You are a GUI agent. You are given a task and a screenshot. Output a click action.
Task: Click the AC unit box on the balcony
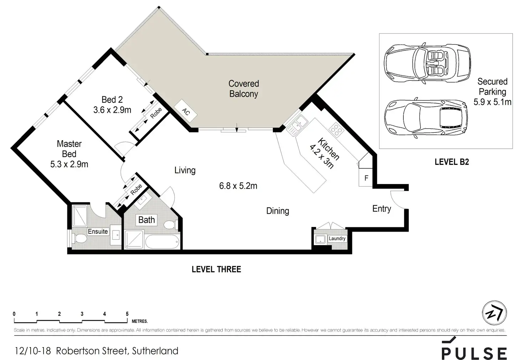(185, 111)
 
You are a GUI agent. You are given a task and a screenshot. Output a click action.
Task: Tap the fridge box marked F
(366, 178)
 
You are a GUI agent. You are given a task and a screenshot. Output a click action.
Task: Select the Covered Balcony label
(244, 88)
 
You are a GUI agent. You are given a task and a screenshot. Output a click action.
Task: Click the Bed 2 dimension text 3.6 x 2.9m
(112, 110)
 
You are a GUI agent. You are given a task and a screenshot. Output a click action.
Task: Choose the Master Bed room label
(69, 149)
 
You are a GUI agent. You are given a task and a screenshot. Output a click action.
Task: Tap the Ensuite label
(98, 232)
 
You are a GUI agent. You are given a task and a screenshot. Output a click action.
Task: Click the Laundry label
(337, 239)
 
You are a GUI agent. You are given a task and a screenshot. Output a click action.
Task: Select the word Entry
(382, 209)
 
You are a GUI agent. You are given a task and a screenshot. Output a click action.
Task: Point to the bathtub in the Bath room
(162, 242)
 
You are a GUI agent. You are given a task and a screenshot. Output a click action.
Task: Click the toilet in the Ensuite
(80, 239)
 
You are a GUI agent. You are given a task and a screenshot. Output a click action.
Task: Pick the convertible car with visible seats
(427, 63)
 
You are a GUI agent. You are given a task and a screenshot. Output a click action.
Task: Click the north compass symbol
(494, 313)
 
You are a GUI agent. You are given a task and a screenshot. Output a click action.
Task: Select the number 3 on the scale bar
(82, 314)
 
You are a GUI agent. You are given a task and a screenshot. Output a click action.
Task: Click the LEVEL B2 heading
(452, 162)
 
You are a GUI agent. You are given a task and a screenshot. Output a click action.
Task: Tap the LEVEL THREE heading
(216, 269)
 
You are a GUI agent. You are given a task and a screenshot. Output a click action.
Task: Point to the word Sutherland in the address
(155, 351)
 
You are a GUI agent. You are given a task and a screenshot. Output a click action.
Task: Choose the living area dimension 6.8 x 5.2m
(238, 186)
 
